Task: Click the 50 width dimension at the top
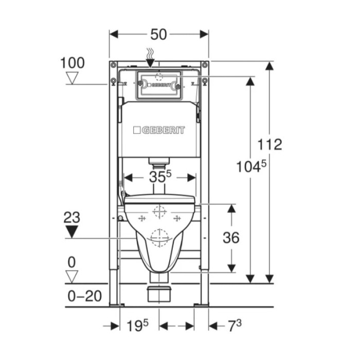point(158,34)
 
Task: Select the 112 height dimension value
point(269,145)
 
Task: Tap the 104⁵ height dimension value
point(251,166)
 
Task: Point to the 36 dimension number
point(231,238)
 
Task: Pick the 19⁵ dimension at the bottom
point(137,326)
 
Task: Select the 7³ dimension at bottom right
point(235,326)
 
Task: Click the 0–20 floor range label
point(85,296)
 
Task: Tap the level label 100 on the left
point(73,63)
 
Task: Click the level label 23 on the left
point(72,218)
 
